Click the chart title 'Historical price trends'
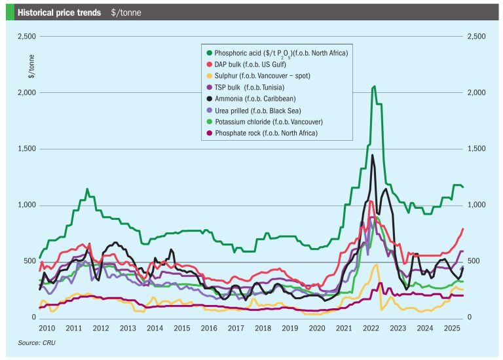click(x=58, y=12)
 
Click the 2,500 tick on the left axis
click(x=24, y=36)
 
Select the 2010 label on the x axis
click(x=46, y=327)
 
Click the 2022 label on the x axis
click(x=371, y=327)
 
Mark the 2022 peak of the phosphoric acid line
click(x=373, y=86)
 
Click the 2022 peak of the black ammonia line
click(x=373, y=155)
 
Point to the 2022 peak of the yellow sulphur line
click(x=377, y=265)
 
